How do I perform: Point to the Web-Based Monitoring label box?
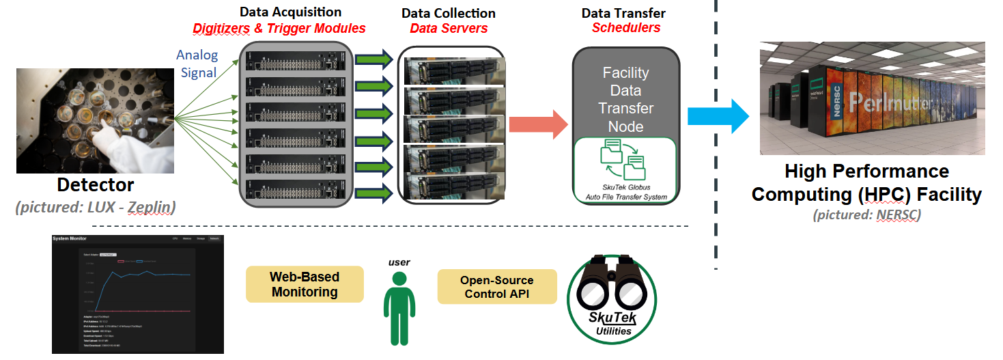pyautogui.click(x=305, y=284)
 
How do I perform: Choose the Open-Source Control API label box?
pyautogui.click(x=496, y=287)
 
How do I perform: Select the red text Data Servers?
pyautogui.click(x=449, y=29)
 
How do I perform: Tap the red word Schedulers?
pyautogui.click(x=625, y=28)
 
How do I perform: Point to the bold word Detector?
pyautogui.click(x=96, y=185)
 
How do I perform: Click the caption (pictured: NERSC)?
pyautogui.click(x=866, y=214)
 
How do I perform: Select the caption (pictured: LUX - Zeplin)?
pyautogui.click(x=96, y=206)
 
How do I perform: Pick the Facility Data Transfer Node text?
pyautogui.click(x=625, y=100)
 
